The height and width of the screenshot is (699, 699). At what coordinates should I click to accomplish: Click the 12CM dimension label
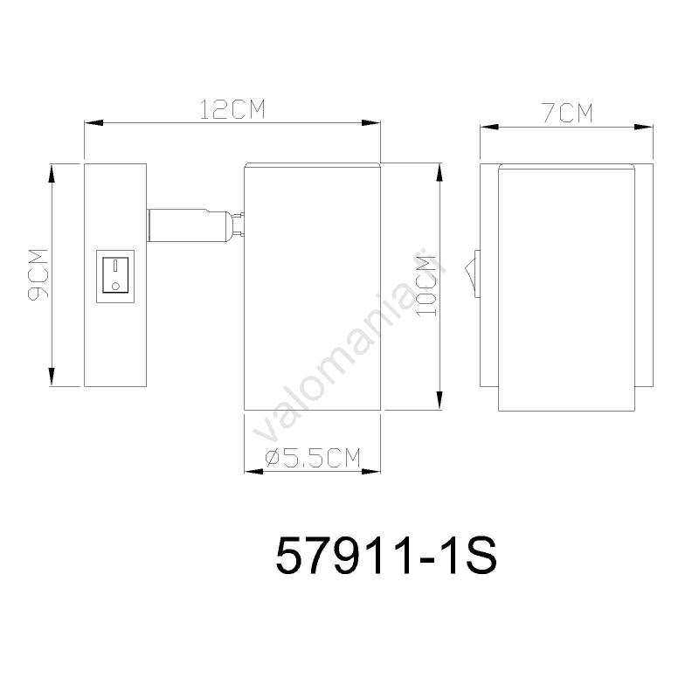click(x=232, y=110)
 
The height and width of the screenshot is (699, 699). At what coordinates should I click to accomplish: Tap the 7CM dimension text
click(x=567, y=113)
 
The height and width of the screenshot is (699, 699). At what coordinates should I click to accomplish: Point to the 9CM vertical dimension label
click(x=38, y=274)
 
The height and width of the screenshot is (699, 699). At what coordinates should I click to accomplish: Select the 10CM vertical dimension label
click(x=426, y=286)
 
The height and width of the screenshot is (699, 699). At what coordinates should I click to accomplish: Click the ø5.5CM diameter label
click(x=313, y=457)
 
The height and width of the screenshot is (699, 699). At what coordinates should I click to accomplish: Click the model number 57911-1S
click(x=386, y=556)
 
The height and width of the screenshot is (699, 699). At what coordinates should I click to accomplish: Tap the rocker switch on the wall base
click(x=115, y=275)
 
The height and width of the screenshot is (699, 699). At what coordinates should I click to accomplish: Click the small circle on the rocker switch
click(x=115, y=286)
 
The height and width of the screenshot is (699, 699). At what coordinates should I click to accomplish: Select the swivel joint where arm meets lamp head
click(x=238, y=225)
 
